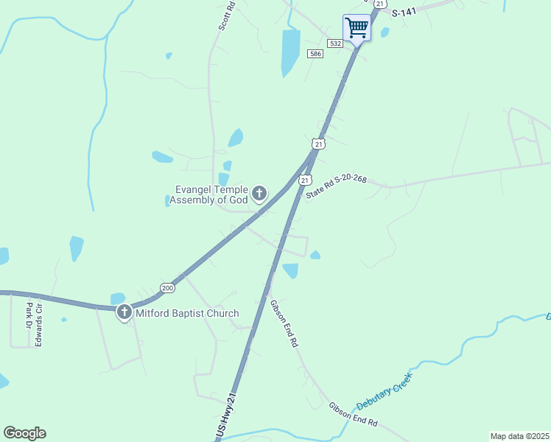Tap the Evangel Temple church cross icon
[259, 194]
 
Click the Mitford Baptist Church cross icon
[124, 313]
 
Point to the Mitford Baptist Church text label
[187, 313]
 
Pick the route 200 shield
[167, 287]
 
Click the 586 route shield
[315, 55]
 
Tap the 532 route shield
[336, 44]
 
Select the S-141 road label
[404, 13]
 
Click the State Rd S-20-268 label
[336, 190]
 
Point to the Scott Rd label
[227, 15]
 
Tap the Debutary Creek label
[384, 393]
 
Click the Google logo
[24, 433]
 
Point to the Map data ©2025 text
[519, 436]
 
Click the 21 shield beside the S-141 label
[379, 4]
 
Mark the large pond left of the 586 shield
[291, 53]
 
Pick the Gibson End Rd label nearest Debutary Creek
[353, 414]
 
